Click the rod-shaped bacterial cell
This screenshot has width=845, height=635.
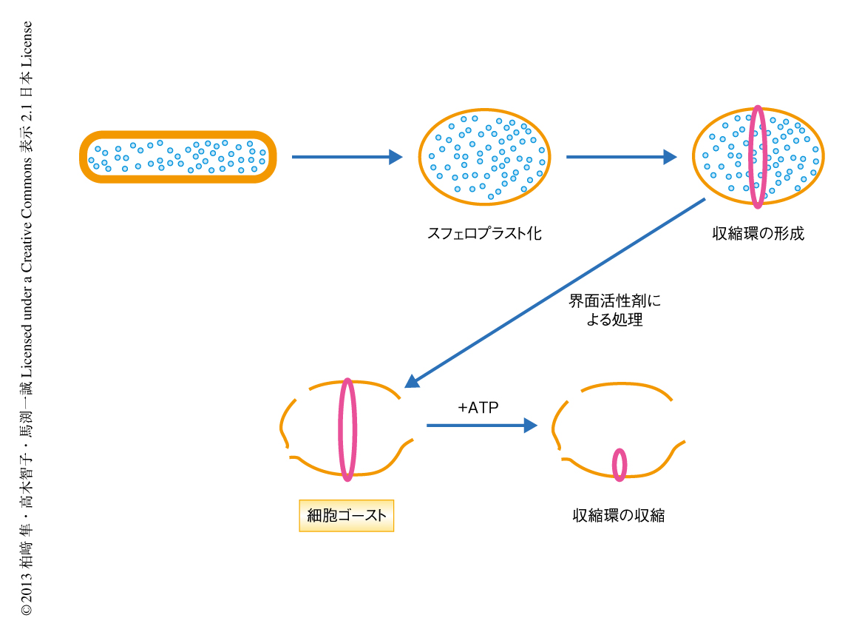[177, 157]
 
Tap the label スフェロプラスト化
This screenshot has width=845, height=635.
[484, 234]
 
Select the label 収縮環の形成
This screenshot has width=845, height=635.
[758, 234]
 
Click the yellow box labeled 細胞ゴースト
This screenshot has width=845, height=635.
[346, 515]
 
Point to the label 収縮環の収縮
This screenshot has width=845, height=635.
[619, 515]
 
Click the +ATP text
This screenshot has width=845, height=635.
[478, 408]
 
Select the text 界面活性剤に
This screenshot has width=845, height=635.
[614, 301]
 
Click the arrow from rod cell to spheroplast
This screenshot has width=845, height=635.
[347, 157]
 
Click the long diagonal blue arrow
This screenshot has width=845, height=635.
[554, 293]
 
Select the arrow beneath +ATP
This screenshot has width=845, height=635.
[481, 426]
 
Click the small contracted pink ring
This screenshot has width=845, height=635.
[620, 464]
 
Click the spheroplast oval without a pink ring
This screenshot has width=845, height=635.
[483, 157]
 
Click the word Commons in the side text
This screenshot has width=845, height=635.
[26, 187]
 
